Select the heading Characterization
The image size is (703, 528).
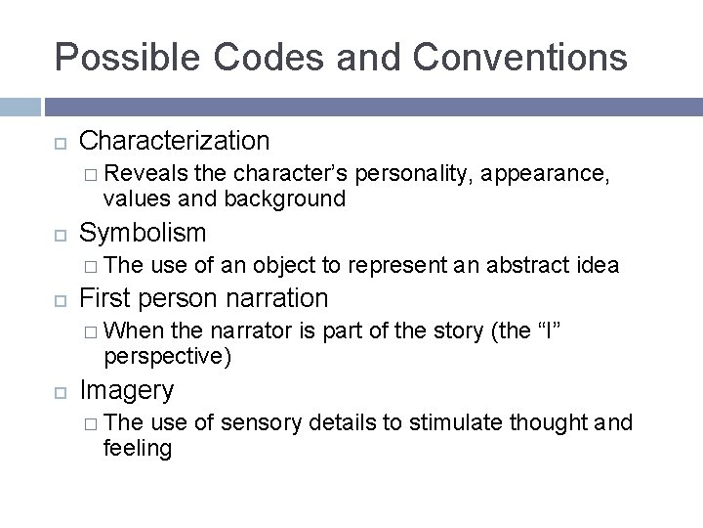coord(174,141)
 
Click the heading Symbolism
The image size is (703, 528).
coord(143,232)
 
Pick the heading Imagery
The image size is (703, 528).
coord(127,390)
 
